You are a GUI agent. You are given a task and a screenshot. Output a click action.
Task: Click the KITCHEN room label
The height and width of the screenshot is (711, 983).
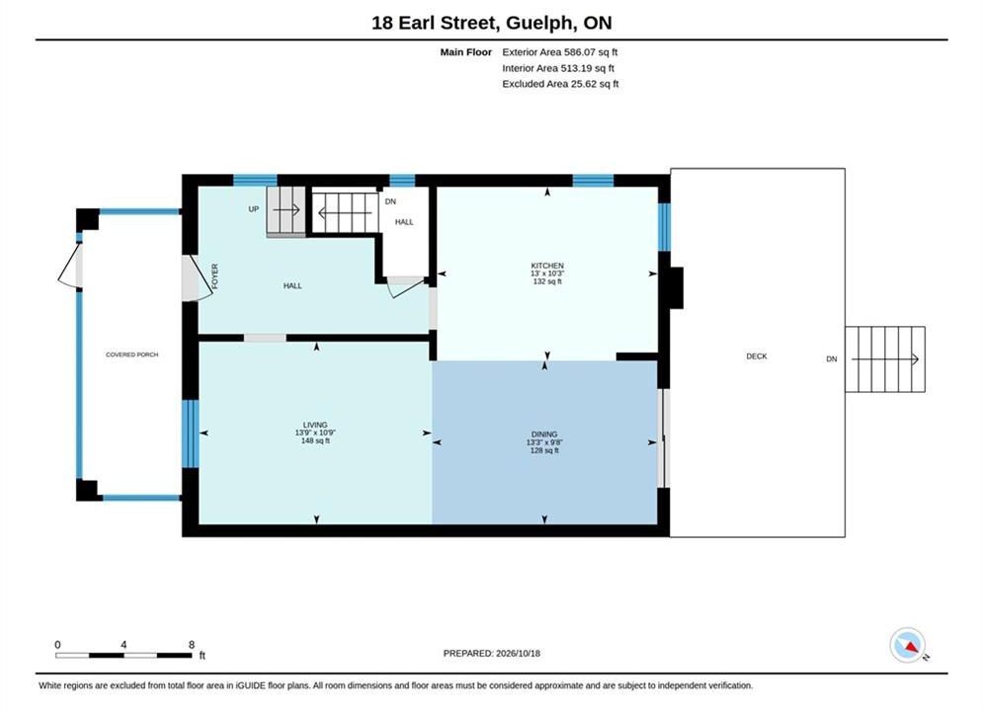547,266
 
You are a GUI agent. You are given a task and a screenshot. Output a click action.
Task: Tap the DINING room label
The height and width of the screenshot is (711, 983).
544,434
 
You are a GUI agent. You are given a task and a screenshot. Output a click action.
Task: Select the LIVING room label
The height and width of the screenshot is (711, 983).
315,425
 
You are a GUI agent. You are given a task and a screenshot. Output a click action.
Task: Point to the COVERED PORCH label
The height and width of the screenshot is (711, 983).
131,355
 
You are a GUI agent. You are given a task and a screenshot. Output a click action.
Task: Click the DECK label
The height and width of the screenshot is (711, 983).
757,355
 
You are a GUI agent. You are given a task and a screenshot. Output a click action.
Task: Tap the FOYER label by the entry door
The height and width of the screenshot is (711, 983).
215,276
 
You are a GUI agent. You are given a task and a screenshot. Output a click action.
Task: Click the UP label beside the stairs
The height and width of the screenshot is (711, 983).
253,209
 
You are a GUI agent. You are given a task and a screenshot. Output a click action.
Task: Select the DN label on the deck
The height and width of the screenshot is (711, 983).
831,358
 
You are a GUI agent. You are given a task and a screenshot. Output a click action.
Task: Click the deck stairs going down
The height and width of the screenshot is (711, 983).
885,359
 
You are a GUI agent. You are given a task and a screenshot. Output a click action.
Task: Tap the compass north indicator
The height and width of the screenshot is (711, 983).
908,645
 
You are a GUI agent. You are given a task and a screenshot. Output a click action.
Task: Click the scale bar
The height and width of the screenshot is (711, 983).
123,656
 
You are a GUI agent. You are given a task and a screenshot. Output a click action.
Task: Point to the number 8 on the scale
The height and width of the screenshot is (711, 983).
192,645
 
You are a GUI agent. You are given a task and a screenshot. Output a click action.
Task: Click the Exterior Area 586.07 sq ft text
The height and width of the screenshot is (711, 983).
560,52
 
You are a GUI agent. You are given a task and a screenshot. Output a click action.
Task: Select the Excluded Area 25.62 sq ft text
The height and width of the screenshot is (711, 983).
560,83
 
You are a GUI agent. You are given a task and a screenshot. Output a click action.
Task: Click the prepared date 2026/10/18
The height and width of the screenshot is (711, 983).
518,653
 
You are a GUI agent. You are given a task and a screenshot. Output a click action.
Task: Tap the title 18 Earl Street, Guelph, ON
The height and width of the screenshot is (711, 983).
492,23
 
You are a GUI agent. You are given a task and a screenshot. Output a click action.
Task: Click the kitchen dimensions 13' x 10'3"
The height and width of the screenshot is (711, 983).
547,274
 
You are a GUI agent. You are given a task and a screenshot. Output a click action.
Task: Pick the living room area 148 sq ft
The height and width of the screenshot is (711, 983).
315,440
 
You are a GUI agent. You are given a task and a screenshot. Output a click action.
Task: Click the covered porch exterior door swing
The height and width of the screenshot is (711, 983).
70,267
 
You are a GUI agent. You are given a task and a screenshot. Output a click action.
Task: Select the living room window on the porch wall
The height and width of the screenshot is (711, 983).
190,434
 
